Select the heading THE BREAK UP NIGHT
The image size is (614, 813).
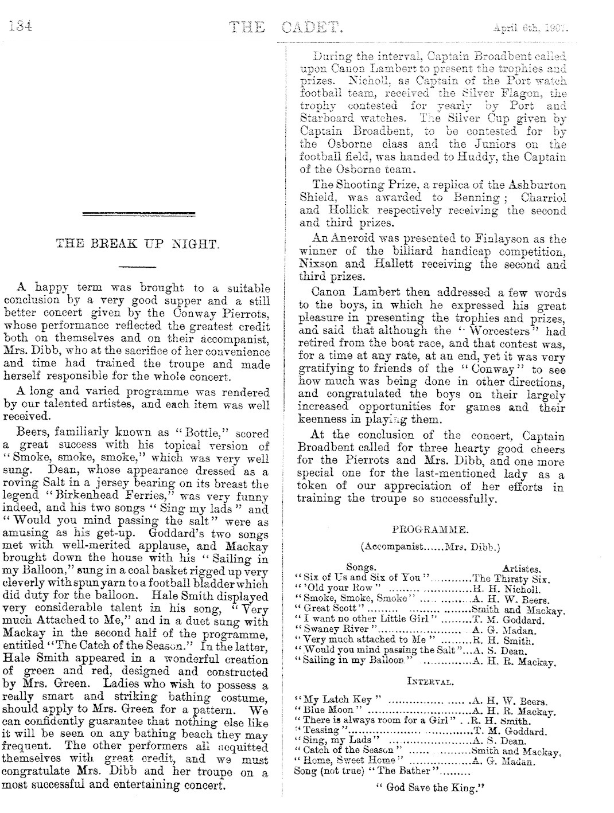click(137, 244)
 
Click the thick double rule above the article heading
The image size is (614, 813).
click(137, 214)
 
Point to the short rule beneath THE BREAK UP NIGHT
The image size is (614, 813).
click(137, 266)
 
